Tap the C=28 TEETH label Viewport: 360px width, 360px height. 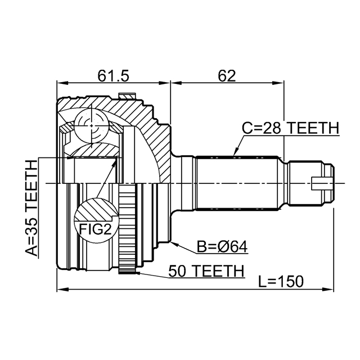[290, 128]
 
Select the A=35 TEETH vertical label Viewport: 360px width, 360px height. [31, 208]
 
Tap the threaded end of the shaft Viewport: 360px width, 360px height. [309, 183]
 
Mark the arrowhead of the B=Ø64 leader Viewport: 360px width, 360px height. [175, 242]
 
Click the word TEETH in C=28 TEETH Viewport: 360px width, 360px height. [313, 128]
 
